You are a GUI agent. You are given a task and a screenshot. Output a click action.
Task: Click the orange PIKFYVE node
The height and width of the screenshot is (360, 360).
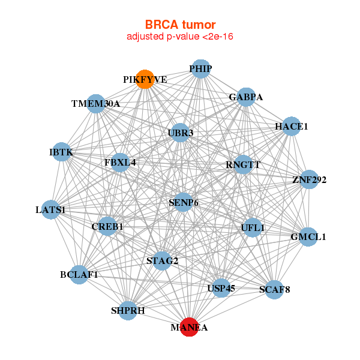pyautogui.click(x=145, y=79)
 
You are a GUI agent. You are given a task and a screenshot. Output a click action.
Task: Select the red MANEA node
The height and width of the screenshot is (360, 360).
pyautogui.click(x=189, y=327)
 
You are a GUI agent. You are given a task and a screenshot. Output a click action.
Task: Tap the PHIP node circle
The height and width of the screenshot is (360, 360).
pyautogui.click(x=200, y=69)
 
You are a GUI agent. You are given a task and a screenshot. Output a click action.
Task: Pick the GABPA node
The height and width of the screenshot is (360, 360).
pyautogui.click(x=246, y=97)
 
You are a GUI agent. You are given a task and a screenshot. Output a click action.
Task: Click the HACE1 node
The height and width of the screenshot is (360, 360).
pyautogui.click(x=291, y=127)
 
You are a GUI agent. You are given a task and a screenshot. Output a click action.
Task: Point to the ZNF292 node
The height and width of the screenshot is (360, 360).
pyautogui.click(x=309, y=179)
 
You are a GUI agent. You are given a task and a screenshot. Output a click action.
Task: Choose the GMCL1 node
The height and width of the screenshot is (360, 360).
pyautogui.click(x=308, y=236)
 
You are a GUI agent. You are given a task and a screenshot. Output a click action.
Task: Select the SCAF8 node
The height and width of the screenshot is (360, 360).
pyautogui.click(x=274, y=290)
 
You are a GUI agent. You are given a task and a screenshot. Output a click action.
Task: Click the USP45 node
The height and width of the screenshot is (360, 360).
pyautogui.click(x=221, y=288)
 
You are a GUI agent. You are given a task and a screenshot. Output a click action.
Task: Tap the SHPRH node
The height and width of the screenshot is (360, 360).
pyautogui.click(x=128, y=310)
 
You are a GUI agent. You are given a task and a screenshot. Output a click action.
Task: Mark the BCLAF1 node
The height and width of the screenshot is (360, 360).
pyautogui.click(x=79, y=274)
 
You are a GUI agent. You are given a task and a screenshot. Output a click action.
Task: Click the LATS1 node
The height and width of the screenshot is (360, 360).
pyautogui.click(x=51, y=209)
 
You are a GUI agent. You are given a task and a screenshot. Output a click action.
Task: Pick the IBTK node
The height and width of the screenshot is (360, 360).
pyautogui.click(x=61, y=152)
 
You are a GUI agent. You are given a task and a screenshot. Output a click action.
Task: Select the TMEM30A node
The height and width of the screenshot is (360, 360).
pyautogui.click(x=96, y=103)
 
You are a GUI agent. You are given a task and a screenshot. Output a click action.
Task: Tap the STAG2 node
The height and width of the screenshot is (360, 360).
pyautogui.click(x=162, y=260)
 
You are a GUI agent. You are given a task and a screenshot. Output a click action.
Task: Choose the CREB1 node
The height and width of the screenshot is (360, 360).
pyautogui.click(x=107, y=226)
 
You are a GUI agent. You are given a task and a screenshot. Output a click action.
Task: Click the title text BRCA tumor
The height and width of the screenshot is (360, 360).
pyautogui.click(x=180, y=25)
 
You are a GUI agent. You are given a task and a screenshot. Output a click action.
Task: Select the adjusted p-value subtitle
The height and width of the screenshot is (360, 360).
pyautogui.click(x=180, y=37)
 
